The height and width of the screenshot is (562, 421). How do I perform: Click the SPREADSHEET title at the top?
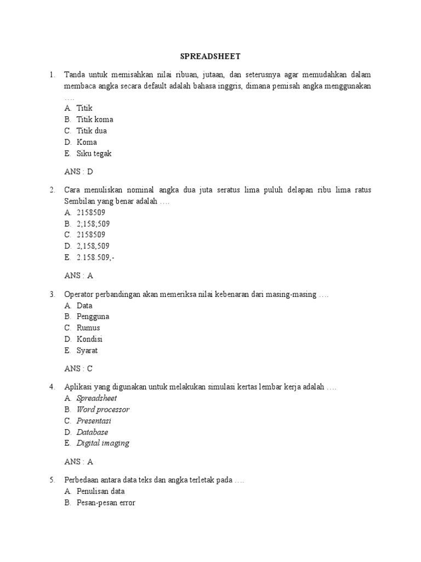pos(210,56)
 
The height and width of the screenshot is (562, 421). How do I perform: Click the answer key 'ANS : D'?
pos(79,172)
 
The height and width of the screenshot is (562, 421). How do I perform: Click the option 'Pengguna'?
pos(93,317)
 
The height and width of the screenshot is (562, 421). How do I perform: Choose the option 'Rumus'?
pos(88,328)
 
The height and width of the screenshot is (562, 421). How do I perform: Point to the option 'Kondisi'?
pos(89,339)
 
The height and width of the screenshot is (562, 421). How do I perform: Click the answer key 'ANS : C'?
pos(79,369)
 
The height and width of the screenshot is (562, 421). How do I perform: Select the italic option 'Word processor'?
pos(103,409)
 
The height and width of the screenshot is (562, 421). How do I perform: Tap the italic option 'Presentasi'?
pos(94,421)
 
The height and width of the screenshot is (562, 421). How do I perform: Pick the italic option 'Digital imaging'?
pos(103,443)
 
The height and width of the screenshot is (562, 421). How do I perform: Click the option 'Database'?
pos(92,432)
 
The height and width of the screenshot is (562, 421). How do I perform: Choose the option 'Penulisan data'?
pos(100,491)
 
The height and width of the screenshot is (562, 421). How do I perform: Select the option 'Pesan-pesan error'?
pos(106,503)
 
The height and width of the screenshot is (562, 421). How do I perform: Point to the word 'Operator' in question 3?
pos(80,295)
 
